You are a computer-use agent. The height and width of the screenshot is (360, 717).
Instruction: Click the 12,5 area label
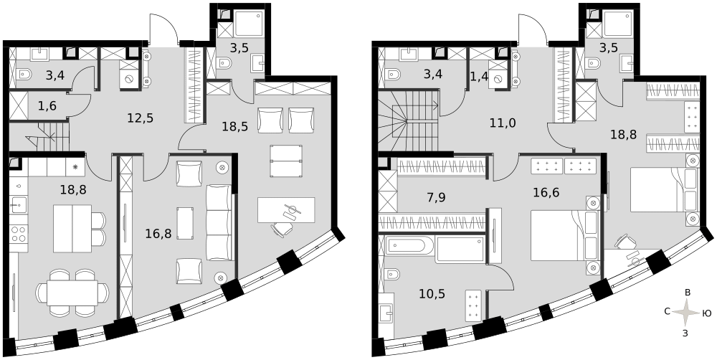click(141, 118)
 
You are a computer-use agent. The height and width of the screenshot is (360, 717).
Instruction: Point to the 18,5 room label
click(235, 126)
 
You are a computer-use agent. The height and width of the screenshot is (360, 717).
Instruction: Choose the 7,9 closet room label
click(435, 198)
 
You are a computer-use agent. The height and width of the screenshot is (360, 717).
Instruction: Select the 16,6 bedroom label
click(546, 192)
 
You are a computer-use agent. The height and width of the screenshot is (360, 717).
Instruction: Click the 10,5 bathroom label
click(432, 293)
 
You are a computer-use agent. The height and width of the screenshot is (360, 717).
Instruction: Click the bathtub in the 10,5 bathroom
click(409, 246)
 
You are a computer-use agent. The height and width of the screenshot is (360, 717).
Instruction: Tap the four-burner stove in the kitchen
click(19, 234)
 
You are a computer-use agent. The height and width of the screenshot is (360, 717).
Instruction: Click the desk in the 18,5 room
click(286, 210)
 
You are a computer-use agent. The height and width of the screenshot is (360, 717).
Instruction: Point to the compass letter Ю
click(706, 313)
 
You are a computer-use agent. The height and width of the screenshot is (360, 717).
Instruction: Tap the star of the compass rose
click(686, 313)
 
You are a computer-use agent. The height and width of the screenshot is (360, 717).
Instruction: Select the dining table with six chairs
click(72, 293)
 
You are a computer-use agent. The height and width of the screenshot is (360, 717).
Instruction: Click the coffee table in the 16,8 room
click(185, 223)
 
